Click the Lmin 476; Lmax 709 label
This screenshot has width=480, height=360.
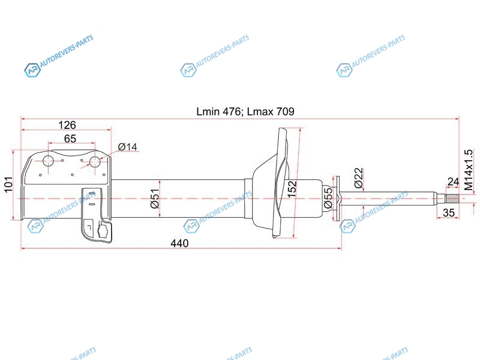click(x=245, y=112)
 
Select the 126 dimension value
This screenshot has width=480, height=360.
click(x=67, y=125)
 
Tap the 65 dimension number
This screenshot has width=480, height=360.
click(x=70, y=139)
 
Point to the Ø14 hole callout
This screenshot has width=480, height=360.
click(x=128, y=147)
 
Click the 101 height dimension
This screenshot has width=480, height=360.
click(x=8, y=184)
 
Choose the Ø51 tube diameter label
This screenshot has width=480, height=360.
click(x=155, y=199)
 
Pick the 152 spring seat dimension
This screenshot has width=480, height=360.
click(x=292, y=189)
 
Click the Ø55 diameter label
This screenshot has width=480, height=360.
click(x=328, y=198)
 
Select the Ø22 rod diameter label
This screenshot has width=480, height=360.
click(x=358, y=178)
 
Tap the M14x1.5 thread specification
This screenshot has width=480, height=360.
click(x=468, y=170)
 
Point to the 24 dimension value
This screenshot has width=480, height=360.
click(x=453, y=182)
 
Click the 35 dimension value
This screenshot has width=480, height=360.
click(x=449, y=212)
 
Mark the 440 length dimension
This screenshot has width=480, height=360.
click(x=179, y=244)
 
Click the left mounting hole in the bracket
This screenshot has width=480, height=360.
click(x=49, y=161)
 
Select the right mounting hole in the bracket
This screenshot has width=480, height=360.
click(x=95, y=162)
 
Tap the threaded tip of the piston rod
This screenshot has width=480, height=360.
click(x=452, y=199)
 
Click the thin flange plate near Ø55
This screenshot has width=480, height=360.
click(x=336, y=198)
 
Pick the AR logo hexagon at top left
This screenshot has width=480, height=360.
click(x=32, y=70)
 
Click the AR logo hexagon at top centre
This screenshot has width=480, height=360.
click(x=188, y=70)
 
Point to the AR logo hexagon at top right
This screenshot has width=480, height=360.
click(x=344, y=70)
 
